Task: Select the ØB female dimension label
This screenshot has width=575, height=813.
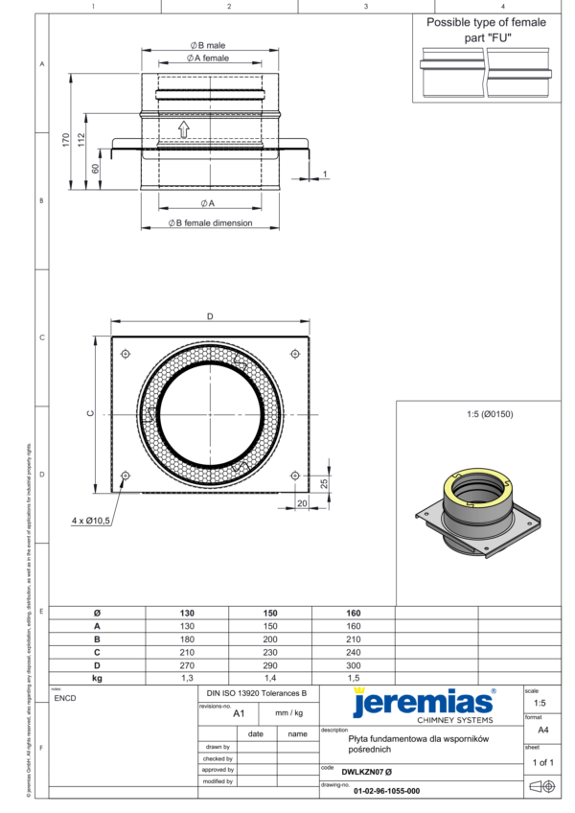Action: [x=210, y=222]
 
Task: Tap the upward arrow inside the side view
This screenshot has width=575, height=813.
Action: [x=183, y=128]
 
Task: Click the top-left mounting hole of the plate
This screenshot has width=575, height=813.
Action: [x=126, y=354]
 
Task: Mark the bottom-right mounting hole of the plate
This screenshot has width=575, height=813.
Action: [x=294, y=476]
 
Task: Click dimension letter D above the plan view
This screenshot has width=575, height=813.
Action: [x=210, y=316]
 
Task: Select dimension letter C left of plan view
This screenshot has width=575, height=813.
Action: [x=89, y=414]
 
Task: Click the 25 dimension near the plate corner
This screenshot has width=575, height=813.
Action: [x=325, y=483]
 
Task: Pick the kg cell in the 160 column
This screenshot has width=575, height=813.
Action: [x=353, y=677]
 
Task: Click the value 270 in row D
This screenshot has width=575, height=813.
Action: [x=187, y=663]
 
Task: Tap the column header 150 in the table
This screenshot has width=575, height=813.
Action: [x=270, y=613]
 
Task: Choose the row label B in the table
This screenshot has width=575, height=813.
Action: [x=97, y=639]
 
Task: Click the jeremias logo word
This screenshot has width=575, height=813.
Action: [x=422, y=703]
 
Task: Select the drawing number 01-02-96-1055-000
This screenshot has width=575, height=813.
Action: [x=386, y=791]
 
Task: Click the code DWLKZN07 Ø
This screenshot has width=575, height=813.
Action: [x=367, y=771]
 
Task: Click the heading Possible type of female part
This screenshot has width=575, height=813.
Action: [x=486, y=29]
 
